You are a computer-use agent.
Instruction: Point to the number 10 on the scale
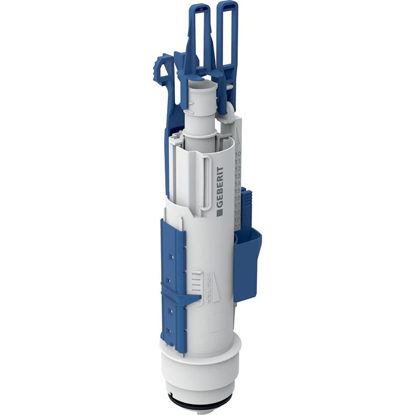pyautogui.click(x=238, y=155)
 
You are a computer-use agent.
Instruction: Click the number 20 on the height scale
pyautogui.click(x=237, y=226)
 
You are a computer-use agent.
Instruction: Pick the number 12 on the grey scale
pyautogui.click(x=238, y=169)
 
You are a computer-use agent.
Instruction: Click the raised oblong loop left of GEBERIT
pyautogui.click(x=205, y=182)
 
